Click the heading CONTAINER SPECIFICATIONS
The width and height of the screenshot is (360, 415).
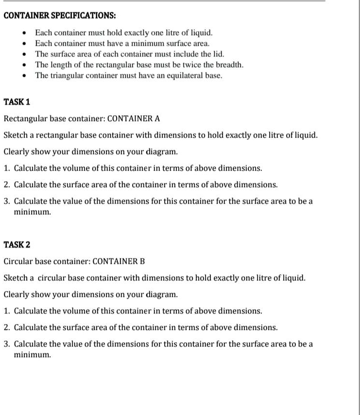tap(59, 15)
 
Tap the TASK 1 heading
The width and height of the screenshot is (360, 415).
tap(17, 102)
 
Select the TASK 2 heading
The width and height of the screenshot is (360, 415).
tap(17, 245)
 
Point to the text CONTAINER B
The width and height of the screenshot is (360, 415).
tap(119, 261)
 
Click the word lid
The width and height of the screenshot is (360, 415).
tap(220, 54)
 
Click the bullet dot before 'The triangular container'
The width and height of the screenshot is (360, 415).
tap(25, 76)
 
